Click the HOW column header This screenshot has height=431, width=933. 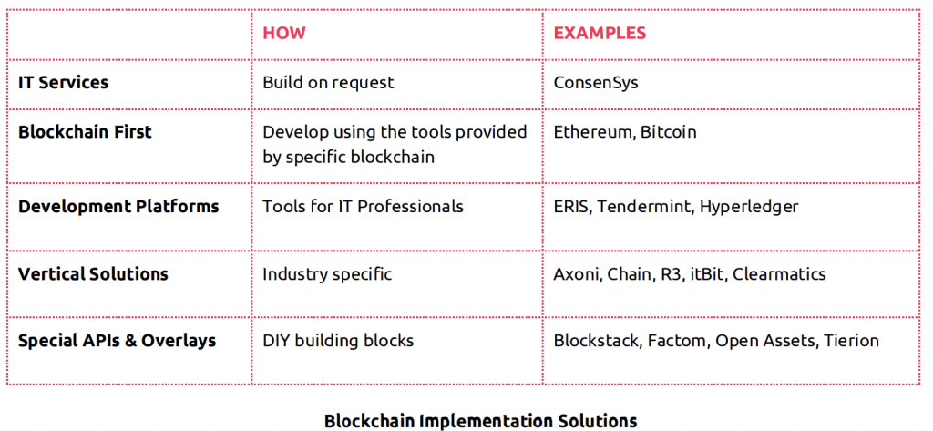coord(284,33)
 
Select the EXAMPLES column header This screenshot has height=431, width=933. coord(600,33)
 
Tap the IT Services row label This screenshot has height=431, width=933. coord(64,82)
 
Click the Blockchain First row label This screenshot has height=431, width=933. coord(85,131)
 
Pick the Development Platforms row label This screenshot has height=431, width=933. coord(118,207)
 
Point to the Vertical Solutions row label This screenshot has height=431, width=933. coord(94,274)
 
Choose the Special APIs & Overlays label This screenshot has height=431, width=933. coord(118,341)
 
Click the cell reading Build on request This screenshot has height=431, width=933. coord(328,82)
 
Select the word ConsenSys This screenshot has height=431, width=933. coord(596,82)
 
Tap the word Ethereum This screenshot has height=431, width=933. coord(586,131)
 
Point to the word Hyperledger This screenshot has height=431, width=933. coord(749,207)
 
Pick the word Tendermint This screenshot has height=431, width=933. coord(646,207)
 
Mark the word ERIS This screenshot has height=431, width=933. coord(573,207)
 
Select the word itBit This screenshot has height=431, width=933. coord(709,274)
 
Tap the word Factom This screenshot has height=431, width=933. coord(678,341)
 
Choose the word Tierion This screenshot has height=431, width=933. coord(851,341)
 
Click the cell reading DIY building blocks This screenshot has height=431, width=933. coord(338,341)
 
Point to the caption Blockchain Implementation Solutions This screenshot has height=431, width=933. coord(481,421)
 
